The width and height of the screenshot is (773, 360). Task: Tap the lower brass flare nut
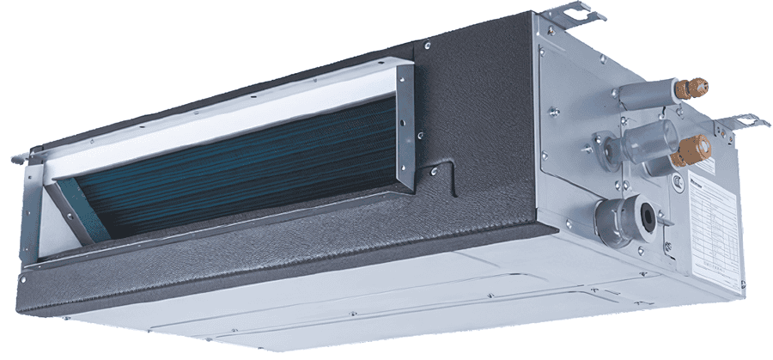tap(691, 154)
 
